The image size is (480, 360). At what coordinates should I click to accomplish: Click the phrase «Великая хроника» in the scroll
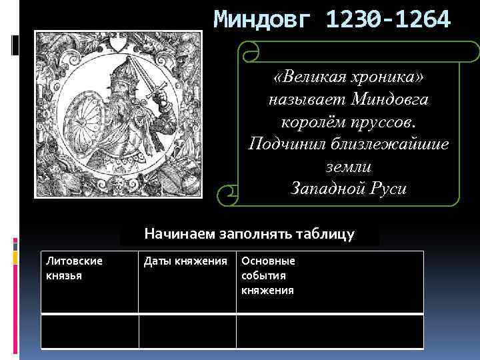(x=349, y=78)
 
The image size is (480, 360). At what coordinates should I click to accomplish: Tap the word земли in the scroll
(x=349, y=167)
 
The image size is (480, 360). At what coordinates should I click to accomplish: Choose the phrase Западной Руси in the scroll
(x=349, y=188)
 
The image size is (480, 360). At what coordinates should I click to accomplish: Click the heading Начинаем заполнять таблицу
(x=250, y=235)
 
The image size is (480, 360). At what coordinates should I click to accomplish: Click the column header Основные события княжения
(x=268, y=275)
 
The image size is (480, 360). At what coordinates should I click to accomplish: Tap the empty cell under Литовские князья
(x=90, y=331)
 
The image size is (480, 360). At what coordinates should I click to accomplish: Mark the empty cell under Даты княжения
(x=187, y=331)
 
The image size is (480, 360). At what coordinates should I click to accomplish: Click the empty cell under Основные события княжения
(x=329, y=331)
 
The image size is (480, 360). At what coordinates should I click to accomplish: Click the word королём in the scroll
(x=306, y=123)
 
